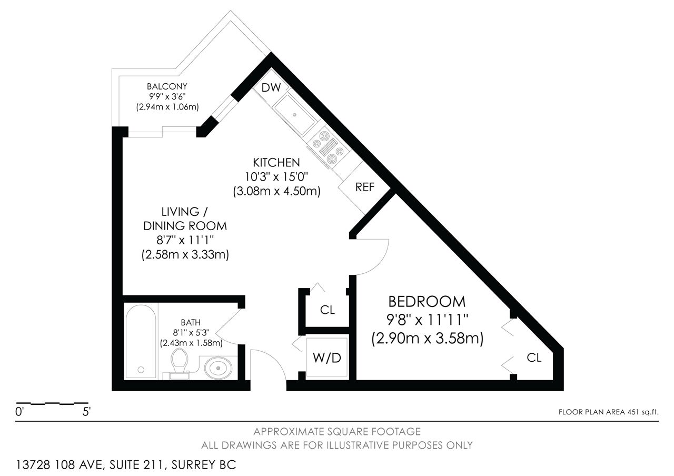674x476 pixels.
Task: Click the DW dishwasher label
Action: pos(271,87)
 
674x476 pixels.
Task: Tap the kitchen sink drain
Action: pos(295,115)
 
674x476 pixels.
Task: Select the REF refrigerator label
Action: pos(365,187)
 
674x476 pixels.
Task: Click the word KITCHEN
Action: pos(276,163)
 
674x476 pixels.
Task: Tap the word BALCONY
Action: pos(167,87)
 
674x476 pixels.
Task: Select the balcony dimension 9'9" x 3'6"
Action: pos(167,96)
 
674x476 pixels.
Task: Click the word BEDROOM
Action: pos(427,302)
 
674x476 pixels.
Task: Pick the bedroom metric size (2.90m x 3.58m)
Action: pos(427,338)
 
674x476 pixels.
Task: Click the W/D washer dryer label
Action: pos(327,358)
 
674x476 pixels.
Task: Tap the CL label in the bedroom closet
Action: pos(534,358)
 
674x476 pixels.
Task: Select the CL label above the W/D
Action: pos(328,310)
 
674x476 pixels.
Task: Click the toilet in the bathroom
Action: pos(180,363)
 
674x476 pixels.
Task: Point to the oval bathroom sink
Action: pos(218,368)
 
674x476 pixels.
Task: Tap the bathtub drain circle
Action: pos(141,370)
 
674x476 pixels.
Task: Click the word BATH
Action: pos(191,323)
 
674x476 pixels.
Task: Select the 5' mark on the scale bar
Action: pos(87,412)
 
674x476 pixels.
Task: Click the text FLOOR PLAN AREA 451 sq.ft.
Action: pos(608,412)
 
